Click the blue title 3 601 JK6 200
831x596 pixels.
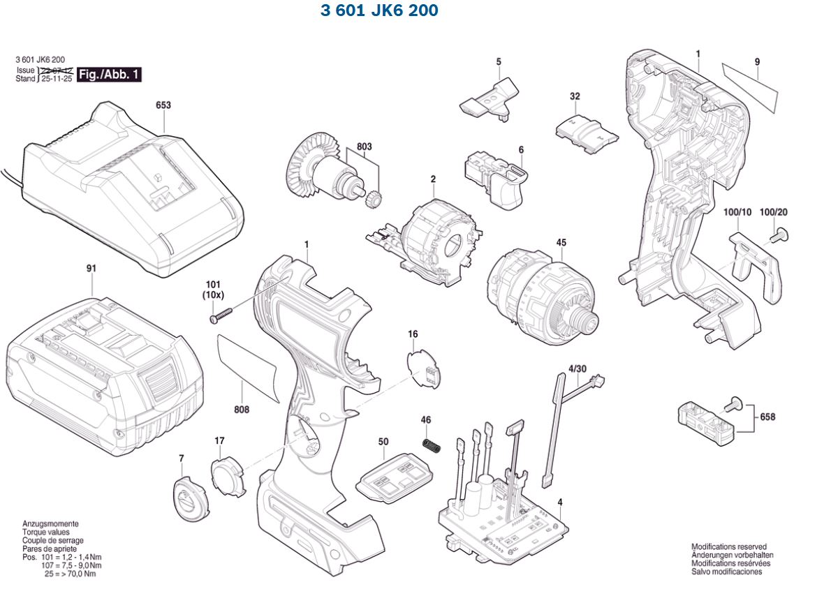pyautogui.click(x=379, y=11)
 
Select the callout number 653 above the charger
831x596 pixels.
pyautogui.click(x=163, y=105)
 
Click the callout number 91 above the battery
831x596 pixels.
pyautogui.click(x=91, y=268)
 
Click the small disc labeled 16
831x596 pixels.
pyautogui.click(x=425, y=368)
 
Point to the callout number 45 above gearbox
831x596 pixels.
pyautogui.click(x=561, y=243)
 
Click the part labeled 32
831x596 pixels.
pyautogui.click(x=587, y=132)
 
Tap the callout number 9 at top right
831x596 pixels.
pyautogui.click(x=757, y=61)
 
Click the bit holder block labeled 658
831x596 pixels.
pyautogui.click(x=705, y=422)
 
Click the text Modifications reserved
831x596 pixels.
pyautogui.click(x=728, y=547)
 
